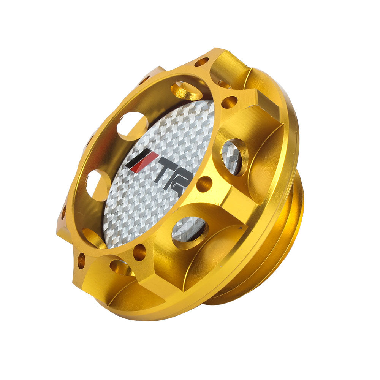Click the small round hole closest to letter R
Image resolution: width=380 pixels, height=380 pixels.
204,184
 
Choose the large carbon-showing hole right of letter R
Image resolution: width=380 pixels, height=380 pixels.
233,157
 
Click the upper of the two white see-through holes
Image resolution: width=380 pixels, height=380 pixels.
132,126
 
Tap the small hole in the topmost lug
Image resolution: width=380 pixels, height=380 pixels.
201,62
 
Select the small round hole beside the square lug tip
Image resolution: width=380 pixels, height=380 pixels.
229,102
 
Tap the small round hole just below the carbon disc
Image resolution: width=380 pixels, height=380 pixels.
139,252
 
